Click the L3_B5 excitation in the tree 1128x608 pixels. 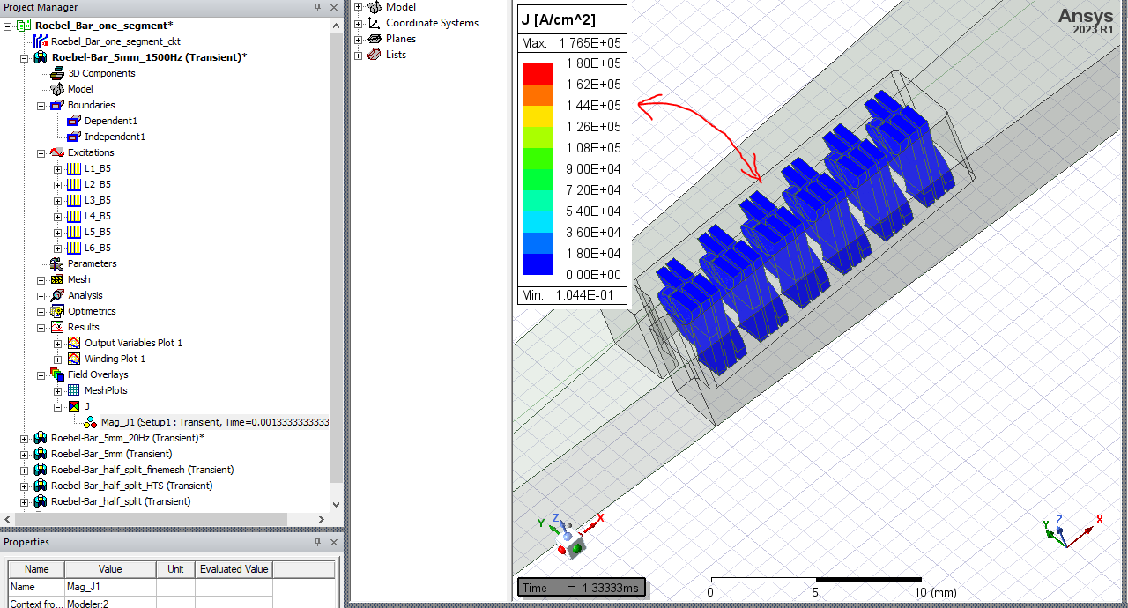click(97, 200)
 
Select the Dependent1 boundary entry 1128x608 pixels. click(110, 121)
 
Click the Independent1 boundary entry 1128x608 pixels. click(115, 137)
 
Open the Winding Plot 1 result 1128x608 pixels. click(115, 359)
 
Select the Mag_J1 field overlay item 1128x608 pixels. click(211, 422)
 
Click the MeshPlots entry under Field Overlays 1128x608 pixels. click(105, 390)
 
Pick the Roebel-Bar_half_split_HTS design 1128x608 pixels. click(131, 486)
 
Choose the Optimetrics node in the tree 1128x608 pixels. click(92, 311)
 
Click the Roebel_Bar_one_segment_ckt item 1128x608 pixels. click(115, 41)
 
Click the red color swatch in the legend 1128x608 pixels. click(537, 73)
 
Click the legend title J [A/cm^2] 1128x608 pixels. click(559, 20)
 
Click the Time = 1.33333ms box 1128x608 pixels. click(582, 588)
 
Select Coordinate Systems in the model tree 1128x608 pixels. click(432, 23)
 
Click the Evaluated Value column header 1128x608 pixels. click(234, 569)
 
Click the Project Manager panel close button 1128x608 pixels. click(333, 7)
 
